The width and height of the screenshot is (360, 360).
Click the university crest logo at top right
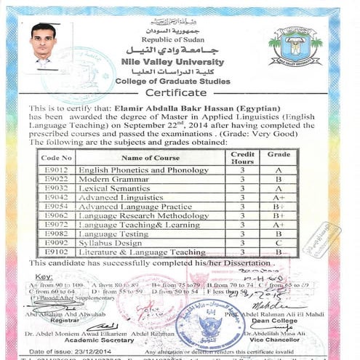294,48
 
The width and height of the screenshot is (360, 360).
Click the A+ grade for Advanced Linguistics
278,197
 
